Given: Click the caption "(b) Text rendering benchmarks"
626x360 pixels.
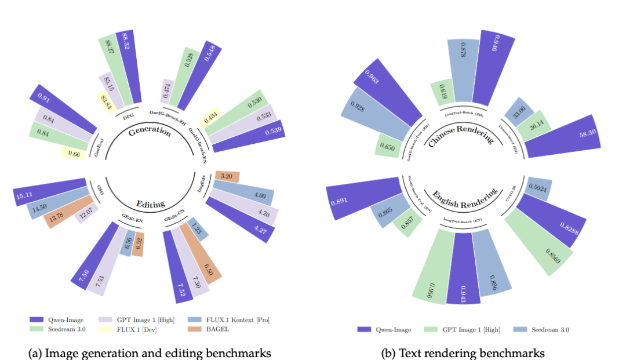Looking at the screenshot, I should [x=463, y=352].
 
